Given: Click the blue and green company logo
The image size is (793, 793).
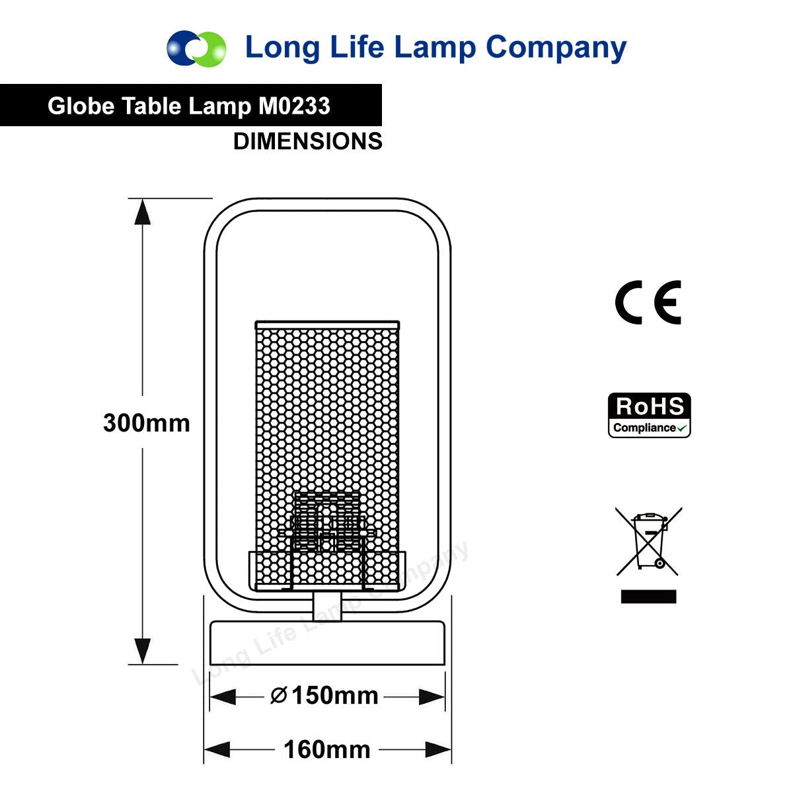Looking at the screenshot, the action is [x=196, y=48].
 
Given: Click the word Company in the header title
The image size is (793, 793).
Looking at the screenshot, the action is [x=556, y=49].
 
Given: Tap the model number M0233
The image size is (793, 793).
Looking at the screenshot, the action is [x=294, y=106].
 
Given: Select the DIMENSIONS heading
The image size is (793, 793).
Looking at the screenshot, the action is [x=308, y=141].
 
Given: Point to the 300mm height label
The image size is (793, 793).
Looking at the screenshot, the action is [x=147, y=423].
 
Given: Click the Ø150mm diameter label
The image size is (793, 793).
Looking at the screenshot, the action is [x=324, y=696].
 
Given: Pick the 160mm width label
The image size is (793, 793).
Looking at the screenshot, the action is [x=327, y=749].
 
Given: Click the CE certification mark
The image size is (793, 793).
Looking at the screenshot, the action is [x=648, y=303].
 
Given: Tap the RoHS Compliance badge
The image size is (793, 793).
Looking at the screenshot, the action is [x=649, y=415].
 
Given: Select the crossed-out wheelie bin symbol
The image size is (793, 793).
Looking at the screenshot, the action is [x=648, y=542].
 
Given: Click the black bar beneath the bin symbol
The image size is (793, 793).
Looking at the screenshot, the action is [x=648, y=596].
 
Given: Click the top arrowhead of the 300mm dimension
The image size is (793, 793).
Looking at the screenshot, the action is [x=142, y=212].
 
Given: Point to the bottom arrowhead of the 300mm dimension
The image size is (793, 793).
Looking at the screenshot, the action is [x=142, y=651].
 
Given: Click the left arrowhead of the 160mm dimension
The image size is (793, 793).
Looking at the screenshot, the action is [x=217, y=749].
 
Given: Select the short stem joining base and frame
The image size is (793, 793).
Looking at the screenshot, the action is [x=327, y=607].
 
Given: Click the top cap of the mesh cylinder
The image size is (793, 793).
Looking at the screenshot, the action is [x=327, y=325].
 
